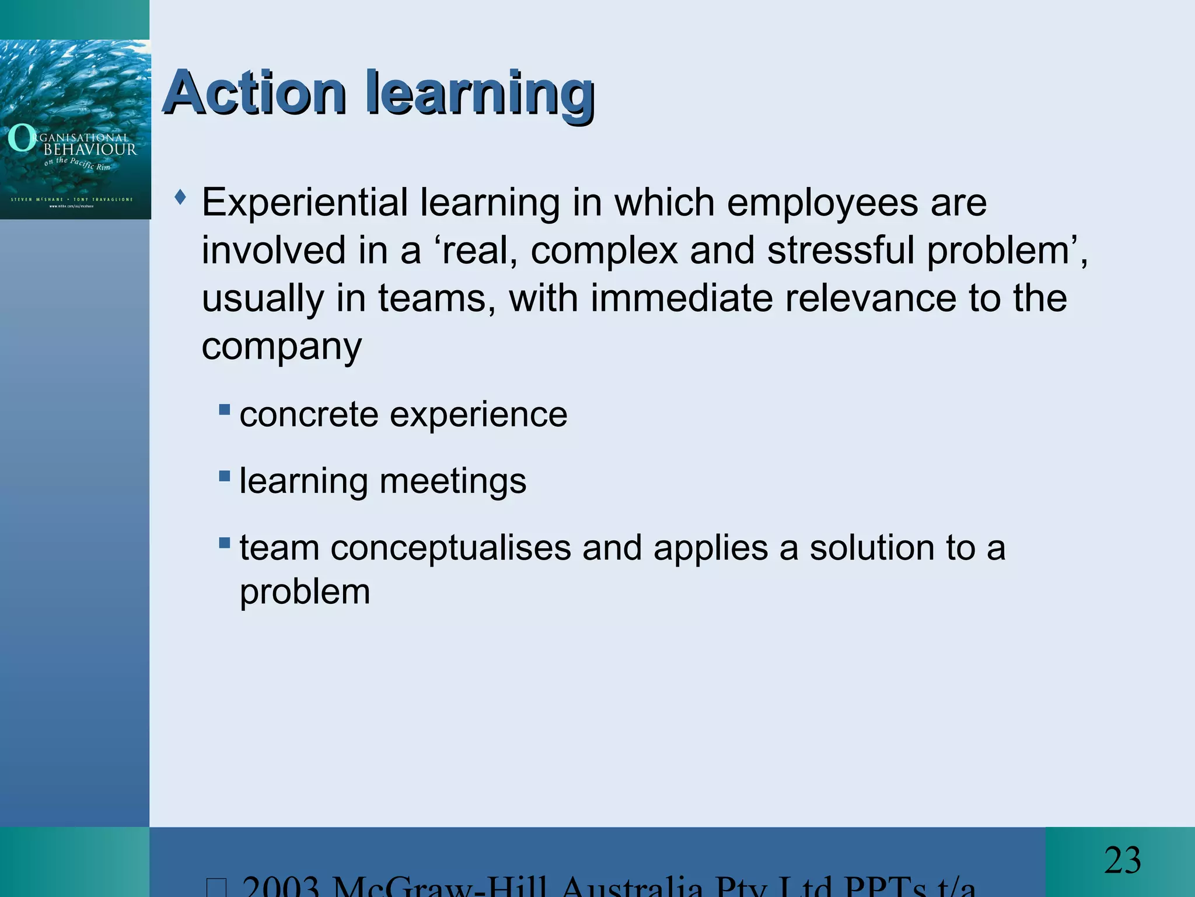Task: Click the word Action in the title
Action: point(254,93)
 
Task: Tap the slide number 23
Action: point(1122,860)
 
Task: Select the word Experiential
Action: point(305,203)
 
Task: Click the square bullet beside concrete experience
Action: point(225,409)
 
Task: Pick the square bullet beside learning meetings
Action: point(225,476)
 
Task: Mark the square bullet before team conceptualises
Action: point(225,543)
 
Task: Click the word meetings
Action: point(453,482)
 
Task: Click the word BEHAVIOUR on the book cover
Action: point(90,149)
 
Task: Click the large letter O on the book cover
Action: point(22,139)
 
